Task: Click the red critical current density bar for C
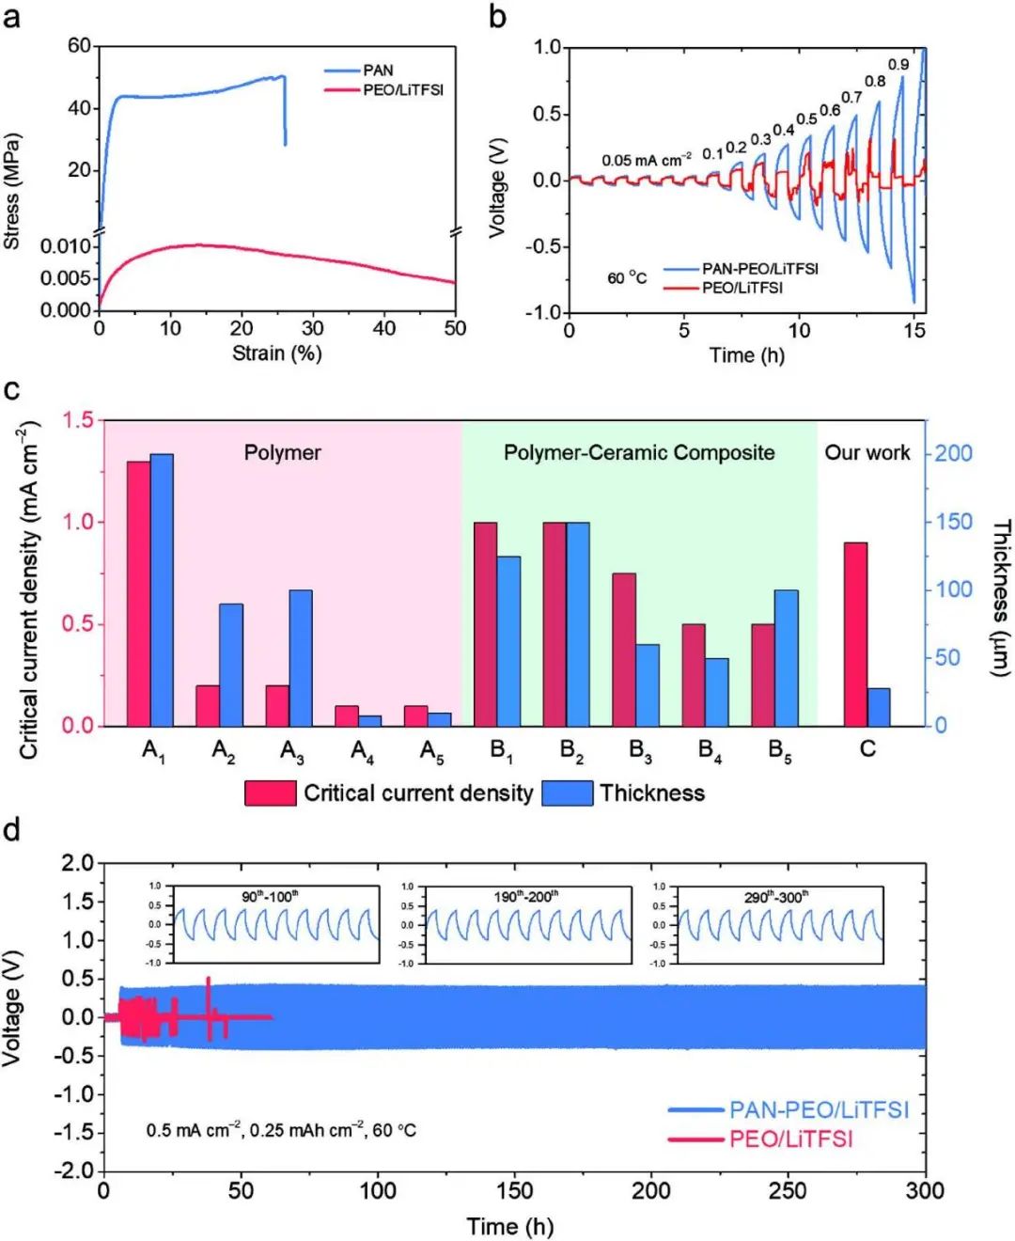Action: coord(855,635)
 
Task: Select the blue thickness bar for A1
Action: coord(162,590)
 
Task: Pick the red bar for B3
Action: coord(624,650)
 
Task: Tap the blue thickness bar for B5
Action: coord(787,658)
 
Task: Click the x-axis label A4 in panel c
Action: coord(363,750)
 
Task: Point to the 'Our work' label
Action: coord(867,453)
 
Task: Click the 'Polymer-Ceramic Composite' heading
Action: coord(639,453)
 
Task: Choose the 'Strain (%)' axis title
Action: coord(277,353)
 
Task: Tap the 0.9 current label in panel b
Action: coord(898,65)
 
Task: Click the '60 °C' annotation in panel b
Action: coord(627,278)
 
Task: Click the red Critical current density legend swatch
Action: coord(271,793)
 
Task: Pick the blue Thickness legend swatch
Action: coord(568,793)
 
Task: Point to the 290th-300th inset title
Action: coord(776,897)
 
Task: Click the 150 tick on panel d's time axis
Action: coord(514,1191)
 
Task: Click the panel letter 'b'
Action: coord(497,17)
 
